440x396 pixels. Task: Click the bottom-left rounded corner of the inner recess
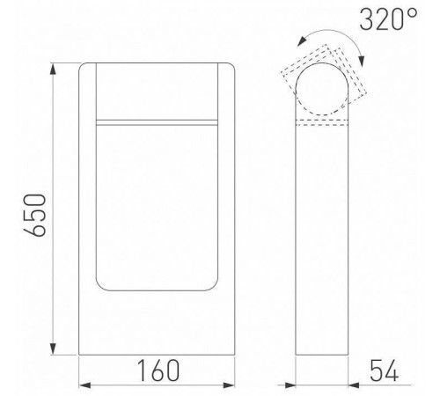[x=99, y=287]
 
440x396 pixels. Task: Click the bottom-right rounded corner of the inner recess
[x=214, y=287]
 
